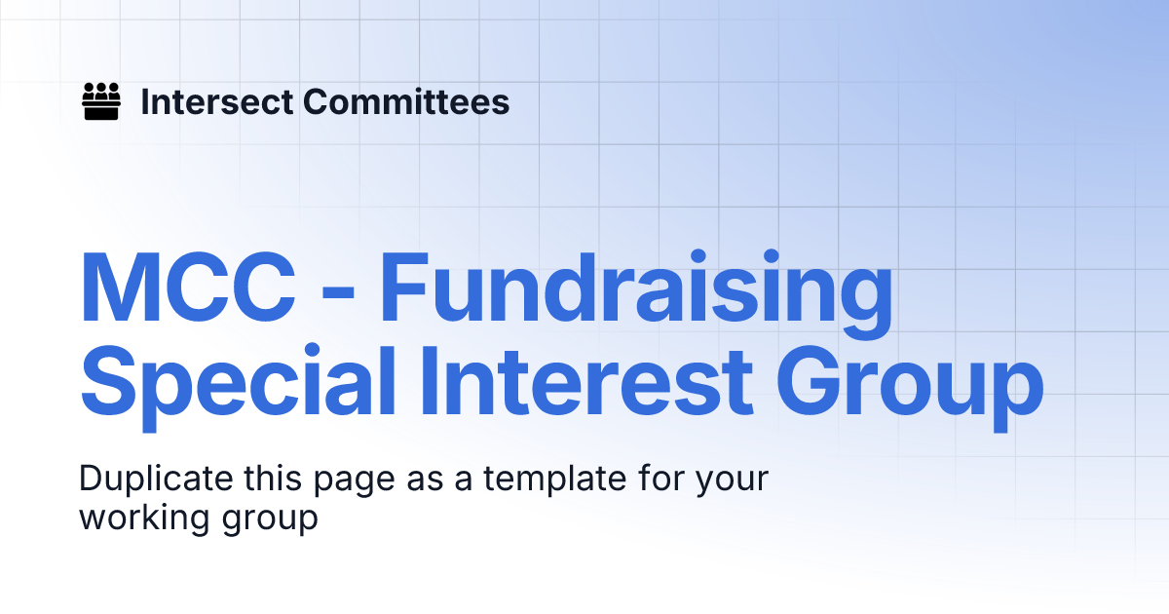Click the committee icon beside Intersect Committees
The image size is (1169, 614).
(x=100, y=101)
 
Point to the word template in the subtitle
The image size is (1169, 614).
(x=528, y=480)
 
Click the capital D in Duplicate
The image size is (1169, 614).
(x=91, y=480)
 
